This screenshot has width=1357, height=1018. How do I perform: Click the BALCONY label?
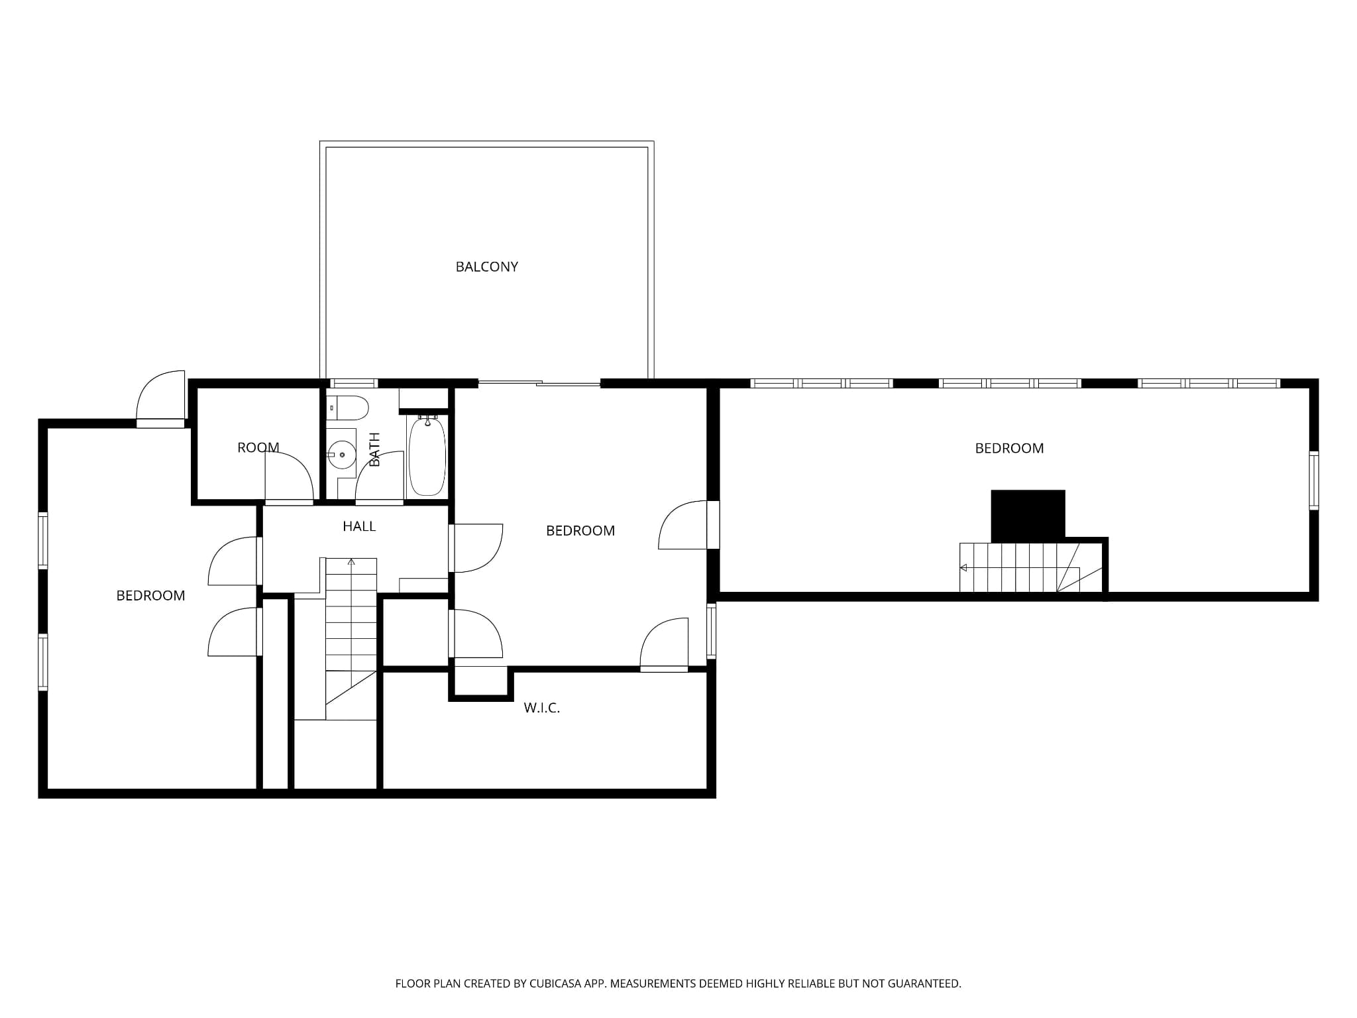tap(486, 266)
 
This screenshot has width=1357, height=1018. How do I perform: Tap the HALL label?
tap(359, 526)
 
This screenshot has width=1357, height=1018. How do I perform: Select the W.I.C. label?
tap(542, 708)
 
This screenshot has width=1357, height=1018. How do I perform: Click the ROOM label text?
tap(258, 447)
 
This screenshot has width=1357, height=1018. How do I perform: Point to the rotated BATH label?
tap(374, 449)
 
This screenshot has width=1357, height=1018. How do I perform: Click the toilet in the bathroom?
tap(347, 408)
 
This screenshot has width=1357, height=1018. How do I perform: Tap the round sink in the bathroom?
tap(341, 455)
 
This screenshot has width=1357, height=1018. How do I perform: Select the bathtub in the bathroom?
tap(427, 455)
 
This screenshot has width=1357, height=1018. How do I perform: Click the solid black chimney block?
tap(1028, 516)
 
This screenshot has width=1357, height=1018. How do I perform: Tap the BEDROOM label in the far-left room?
tap(150, 596)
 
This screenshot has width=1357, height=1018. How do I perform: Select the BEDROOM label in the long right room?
tap(1009, 449)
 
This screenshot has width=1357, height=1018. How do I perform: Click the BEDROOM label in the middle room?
tap(580, 531)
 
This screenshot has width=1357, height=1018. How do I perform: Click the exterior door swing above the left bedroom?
tap(160, 396)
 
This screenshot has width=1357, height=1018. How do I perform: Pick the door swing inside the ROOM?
tap(289, 477)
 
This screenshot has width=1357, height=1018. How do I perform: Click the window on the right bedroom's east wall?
tap(1314, 481)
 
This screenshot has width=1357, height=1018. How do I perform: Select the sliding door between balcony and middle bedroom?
tap(539, 383)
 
